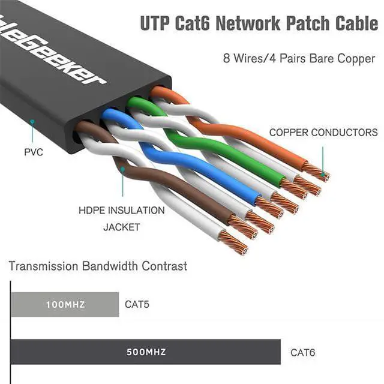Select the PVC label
[x=34, y=152]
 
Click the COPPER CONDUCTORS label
[x=323, y=133]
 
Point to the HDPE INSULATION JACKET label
[x=121, y=218]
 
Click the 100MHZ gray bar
[x=64, y=304]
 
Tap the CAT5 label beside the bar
[x=137, y=304]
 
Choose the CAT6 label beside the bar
[x=303, y=352]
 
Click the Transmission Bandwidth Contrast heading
[x=98, y=266]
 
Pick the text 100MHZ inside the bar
[x=65, y=305]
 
